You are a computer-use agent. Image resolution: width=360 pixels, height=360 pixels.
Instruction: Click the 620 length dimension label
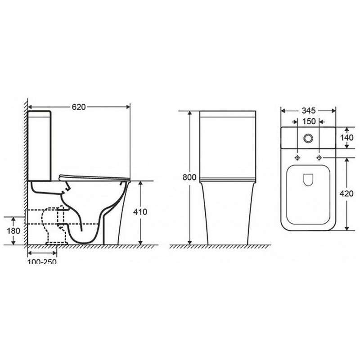pos(78,107)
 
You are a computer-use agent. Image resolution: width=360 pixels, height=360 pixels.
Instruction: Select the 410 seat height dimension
pos(140,211)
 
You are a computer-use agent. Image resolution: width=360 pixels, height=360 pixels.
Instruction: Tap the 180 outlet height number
pos(13,231)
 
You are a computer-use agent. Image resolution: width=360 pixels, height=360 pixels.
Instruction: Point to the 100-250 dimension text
pos(42,261)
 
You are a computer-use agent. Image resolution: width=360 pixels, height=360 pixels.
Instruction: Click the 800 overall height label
pos(189,177)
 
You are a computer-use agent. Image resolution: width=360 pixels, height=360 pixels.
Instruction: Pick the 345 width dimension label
pos(309,111)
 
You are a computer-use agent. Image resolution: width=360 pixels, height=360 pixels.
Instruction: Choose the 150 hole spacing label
pos(309,121)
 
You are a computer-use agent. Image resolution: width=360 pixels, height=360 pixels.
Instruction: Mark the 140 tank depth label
pos(346,138)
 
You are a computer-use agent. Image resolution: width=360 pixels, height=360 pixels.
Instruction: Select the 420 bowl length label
pos(346,194)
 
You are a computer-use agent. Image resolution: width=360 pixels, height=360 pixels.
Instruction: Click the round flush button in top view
pos(308,138)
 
